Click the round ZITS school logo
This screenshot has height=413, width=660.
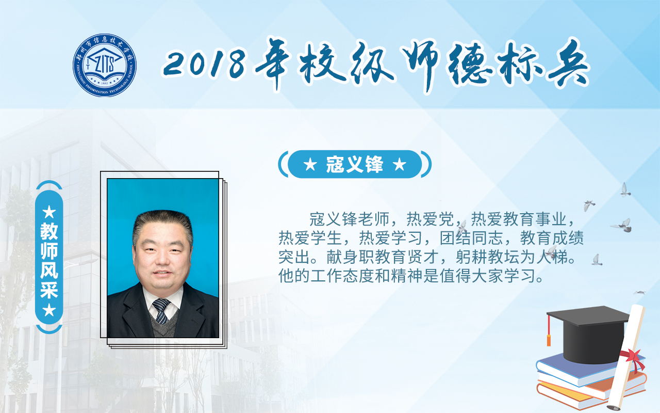(x=105, y=65)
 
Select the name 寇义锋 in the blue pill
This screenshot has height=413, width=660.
(x=354, y=164)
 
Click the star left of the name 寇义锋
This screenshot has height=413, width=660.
(x=310, y=165)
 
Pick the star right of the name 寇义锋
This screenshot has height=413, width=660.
(x=400, y=165)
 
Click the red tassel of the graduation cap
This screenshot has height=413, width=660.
(x=549, y=330)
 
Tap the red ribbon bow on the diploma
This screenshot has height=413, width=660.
(x=634, y=360)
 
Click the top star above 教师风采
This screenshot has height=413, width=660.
(x=49, y=212)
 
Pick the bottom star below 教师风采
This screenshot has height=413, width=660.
(x=49, y=310)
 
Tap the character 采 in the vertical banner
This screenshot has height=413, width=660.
(x=49, y=290)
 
